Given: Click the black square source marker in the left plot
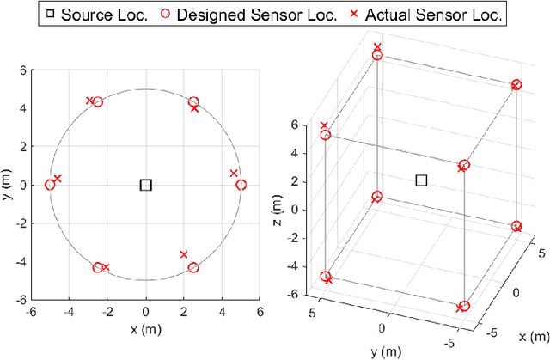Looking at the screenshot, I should click(145, 185).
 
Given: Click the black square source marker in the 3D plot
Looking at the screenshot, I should click(421, 180).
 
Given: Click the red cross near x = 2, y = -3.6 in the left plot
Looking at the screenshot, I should click(184, 254).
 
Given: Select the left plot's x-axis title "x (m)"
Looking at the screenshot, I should click(145, 330).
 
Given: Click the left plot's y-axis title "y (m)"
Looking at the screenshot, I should click(8, 185).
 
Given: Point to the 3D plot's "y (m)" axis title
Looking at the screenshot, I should click(384, 351).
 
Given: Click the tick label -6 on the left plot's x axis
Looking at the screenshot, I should click(30, 313).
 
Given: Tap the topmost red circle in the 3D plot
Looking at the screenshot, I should click(376, 55).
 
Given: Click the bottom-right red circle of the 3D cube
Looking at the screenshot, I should click(464, 306).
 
